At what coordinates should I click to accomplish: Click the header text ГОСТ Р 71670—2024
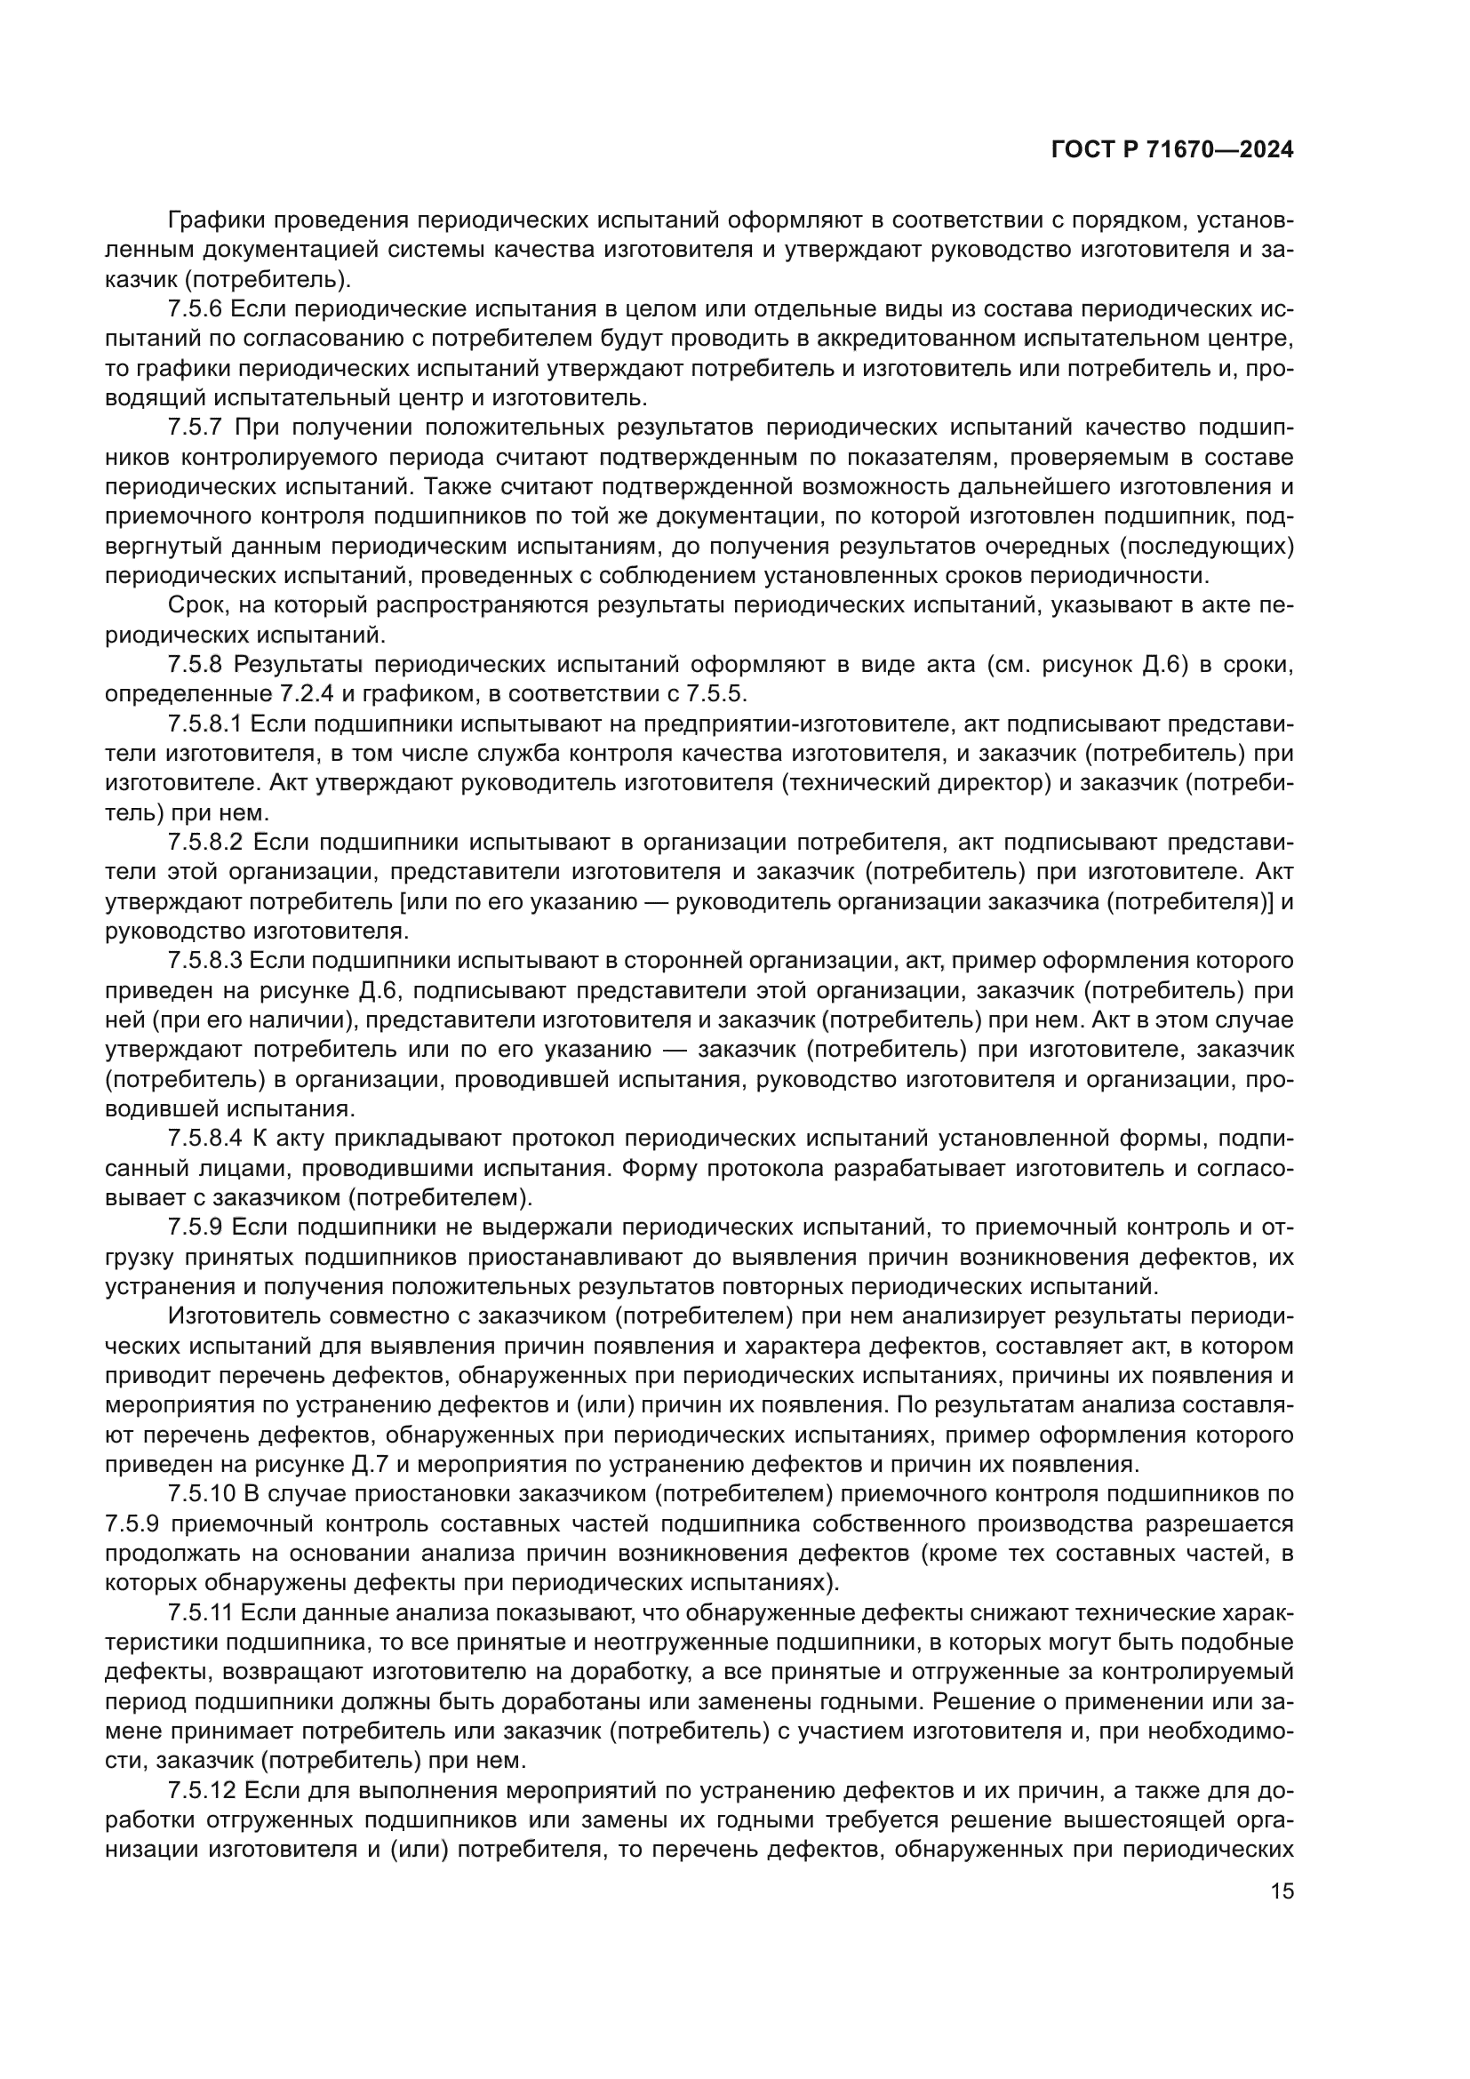coord(1172,150)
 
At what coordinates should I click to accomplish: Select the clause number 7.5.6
coord(195,308)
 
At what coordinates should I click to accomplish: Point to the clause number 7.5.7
coord(195,428)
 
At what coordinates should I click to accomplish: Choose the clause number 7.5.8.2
coord(205,842)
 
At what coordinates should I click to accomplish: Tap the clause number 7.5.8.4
coord(205,1139)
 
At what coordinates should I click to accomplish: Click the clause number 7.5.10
coord(200,1493)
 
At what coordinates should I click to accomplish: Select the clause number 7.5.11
coord(200,1611)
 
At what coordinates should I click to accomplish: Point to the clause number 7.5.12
coord(200,1789)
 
